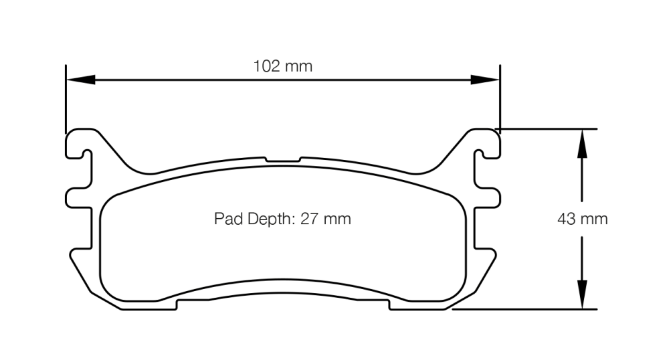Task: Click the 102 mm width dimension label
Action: pyautogui.click(x=282, y=66)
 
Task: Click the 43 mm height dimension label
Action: pyautogui.click(x=582, y=219)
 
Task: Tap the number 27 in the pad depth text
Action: pyautogui.click(x=308, y=219)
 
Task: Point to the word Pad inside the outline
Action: pyautogui.click(x=225, y=219)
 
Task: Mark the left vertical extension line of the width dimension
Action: pyautogui.click(x=66, y=100)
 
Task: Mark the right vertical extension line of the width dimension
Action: pyautogui.click(x=500, y=100)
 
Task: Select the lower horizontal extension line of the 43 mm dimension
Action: pyautogui.click(x=529, y=309)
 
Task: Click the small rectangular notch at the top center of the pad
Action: pyautogui.click(x=283, y=160)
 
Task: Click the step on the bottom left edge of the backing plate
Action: pyautogui.click(x=177, y=305)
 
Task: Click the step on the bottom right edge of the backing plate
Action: pyautogui.click(x=389, y=305)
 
